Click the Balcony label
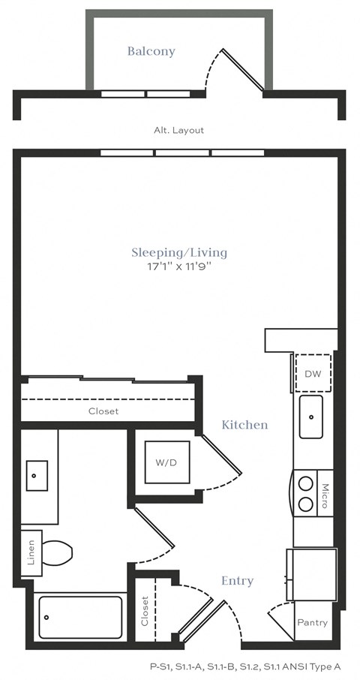[x=151, y=51]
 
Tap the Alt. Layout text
[x=178, y=130]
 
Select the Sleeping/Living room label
[x=179, y=252]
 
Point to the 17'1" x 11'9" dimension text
[x=179, y=266]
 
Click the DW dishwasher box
[x=312, y=373]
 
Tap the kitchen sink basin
[x=310, y=417]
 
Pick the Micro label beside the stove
[x=325, y=496]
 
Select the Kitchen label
[x=244, y=425]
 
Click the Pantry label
[x=312, y=623]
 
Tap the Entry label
[x=237, y=580]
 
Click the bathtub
[x=79, y=617]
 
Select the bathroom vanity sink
[x=37, y=475]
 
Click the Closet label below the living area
[x=103, y=411]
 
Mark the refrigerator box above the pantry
[x=312, y=574]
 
